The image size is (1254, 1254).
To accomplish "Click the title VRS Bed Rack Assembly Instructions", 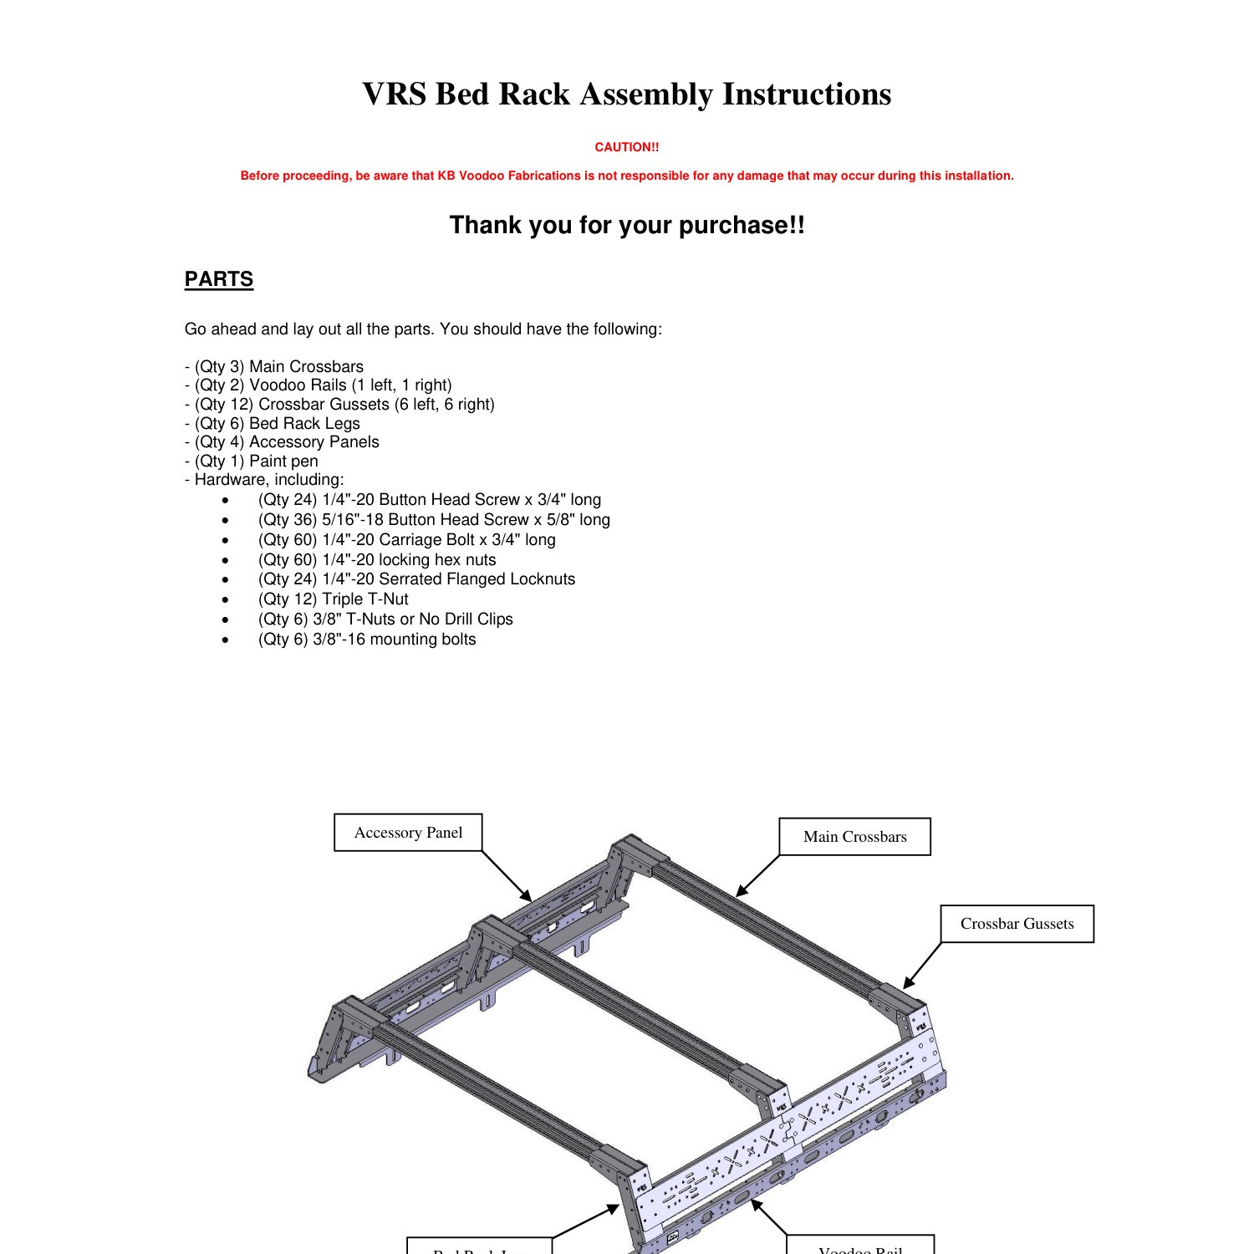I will coord(626,94).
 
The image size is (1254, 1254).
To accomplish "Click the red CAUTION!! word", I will coord(626,147).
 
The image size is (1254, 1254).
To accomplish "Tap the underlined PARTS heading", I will coord(218,279).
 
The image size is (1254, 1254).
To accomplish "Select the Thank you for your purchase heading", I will coord(626,225).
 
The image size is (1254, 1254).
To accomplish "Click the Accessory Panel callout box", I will coord(408,833).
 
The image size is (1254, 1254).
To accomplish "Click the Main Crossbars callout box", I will coord(854,837).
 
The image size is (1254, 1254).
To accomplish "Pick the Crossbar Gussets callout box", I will coord(1017,924).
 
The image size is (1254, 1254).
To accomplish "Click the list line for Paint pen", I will coord(252,461).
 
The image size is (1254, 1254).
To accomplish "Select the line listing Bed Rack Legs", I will coord(273,424).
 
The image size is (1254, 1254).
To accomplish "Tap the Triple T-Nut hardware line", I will coord(333,599).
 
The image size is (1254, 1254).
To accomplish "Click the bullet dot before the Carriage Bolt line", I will coord(225,540).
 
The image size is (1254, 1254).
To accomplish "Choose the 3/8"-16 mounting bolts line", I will coord(366,640).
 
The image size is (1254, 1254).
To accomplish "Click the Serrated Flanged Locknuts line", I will coord(416,579).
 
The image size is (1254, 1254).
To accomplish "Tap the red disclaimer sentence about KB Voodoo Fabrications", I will coord(626,176).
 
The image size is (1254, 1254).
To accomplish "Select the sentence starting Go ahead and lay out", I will coord(423,329).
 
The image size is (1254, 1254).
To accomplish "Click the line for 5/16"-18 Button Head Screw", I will coord(434,520).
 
